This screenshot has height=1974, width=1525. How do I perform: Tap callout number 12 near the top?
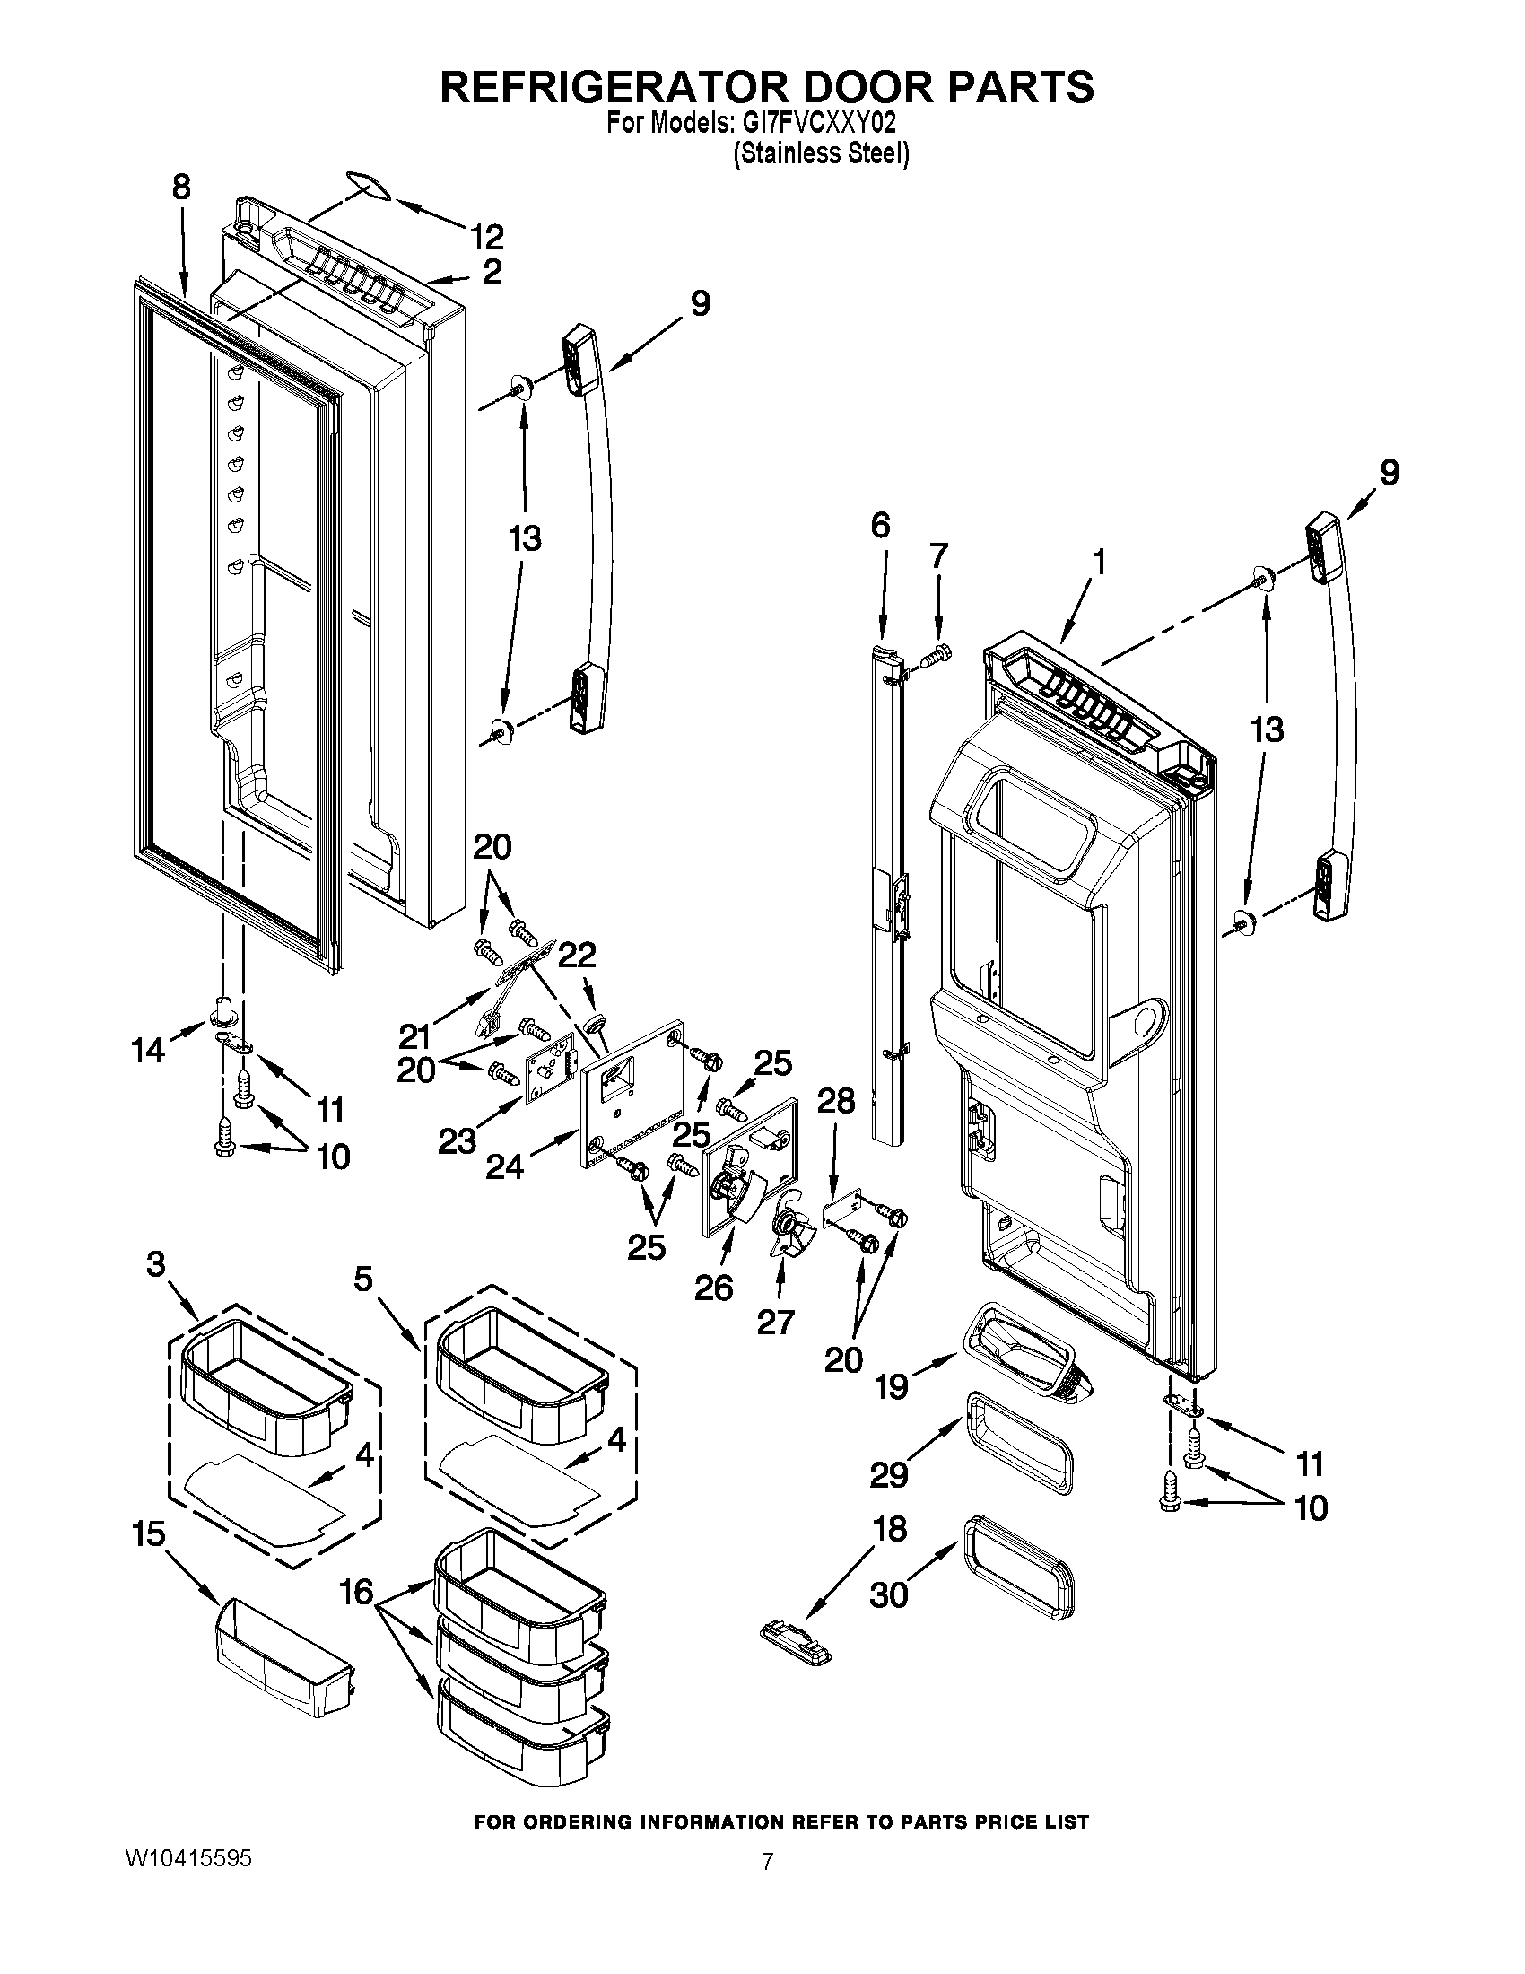pyautogui.click(x=487, y=237)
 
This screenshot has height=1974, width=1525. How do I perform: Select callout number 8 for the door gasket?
pyautogui.click(x=181, y=188)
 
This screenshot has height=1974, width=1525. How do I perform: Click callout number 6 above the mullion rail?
pyautogui.click(x=881, y=525)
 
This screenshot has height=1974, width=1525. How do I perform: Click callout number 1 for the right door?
pyautogui.click(x=1098, y=563)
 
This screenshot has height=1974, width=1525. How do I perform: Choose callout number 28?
pyautogui.click(x=836, y=1100)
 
